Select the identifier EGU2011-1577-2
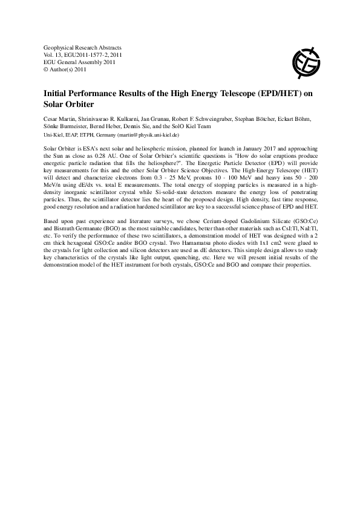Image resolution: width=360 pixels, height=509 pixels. click(x=88, y=54)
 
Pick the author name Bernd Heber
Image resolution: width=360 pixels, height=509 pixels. click(x=109, y=126)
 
